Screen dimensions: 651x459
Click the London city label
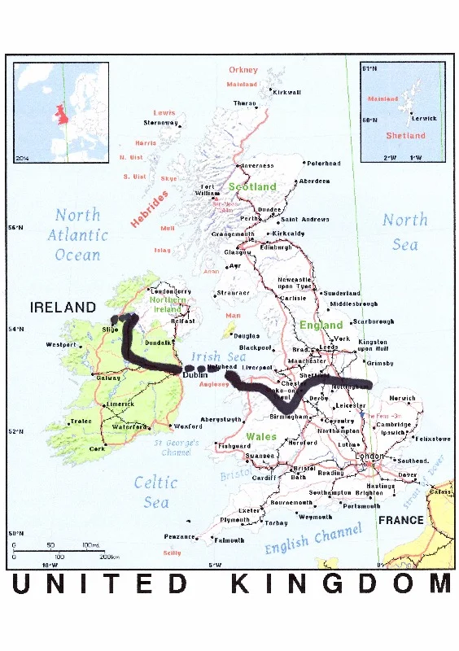370,457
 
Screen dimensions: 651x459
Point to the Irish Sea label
218,357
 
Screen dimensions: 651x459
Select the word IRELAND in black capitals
63,308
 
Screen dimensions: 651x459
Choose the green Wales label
260,437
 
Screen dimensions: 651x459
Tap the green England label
321,325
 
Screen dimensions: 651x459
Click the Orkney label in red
243,70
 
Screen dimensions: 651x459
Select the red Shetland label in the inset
405,136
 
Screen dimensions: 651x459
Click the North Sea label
404,232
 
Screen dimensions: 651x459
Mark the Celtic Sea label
156,492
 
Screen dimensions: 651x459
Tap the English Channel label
313,540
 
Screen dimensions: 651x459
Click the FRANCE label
400,520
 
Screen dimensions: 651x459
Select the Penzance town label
180,537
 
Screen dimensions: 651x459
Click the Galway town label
108,378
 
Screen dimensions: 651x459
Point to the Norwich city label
402,399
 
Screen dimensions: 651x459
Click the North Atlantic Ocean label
77,235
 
